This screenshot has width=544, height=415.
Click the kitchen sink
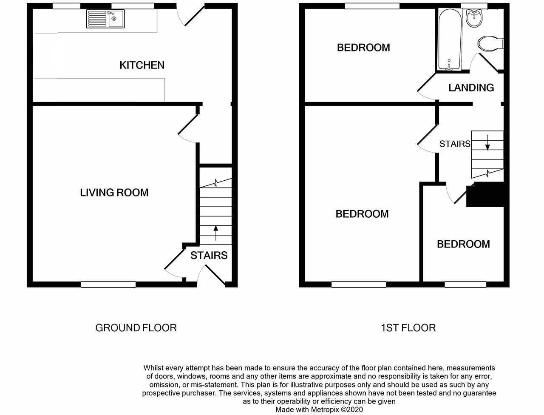(105, 19)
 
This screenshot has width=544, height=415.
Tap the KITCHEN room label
(142, 65)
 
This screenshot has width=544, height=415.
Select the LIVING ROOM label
(114, 193)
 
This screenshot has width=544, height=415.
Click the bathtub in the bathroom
(450, 40)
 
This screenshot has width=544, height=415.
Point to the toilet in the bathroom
(490, 44)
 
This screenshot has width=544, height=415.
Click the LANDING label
(471, 88)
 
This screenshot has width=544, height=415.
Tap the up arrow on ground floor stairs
(216, 233)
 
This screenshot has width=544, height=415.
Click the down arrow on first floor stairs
(487, 142)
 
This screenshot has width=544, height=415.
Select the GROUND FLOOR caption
(136, 328)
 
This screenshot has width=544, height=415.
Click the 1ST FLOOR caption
(408, 328)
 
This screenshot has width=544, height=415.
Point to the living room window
(108, 284)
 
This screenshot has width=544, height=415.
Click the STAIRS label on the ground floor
(209, 256)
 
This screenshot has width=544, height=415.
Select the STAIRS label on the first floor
(455, 144)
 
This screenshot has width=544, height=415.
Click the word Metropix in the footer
(325, 409)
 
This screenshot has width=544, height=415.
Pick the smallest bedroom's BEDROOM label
(463, 244)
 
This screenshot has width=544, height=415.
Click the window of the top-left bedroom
(372, 6)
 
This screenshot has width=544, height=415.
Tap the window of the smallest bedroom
(465, 284)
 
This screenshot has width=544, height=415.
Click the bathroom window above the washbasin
(477, 6)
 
